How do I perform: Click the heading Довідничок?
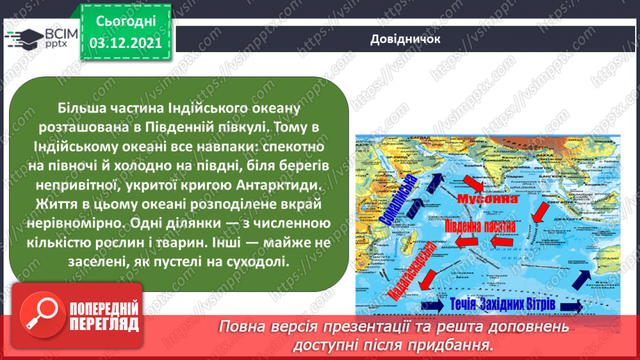pyautogui.click(x=405, y=38)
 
